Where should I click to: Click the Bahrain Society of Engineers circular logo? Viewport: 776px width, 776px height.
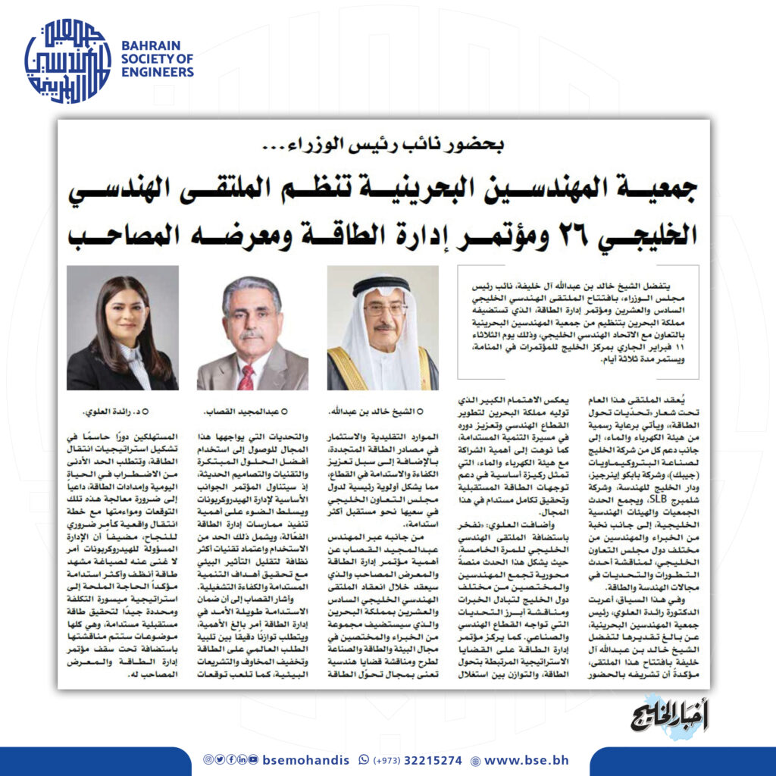coord(67,61)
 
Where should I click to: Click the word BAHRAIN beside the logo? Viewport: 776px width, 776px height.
coord(150,45)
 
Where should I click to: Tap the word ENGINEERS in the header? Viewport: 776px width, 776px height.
coord(158,73)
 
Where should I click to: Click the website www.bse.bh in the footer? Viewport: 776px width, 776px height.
coord(526,759)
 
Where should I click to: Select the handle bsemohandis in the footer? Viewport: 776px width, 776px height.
coord(308,759)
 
